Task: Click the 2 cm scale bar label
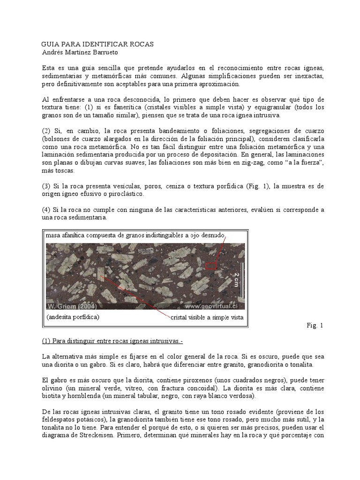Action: coord(237,280)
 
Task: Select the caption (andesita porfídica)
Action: coord(73,317)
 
